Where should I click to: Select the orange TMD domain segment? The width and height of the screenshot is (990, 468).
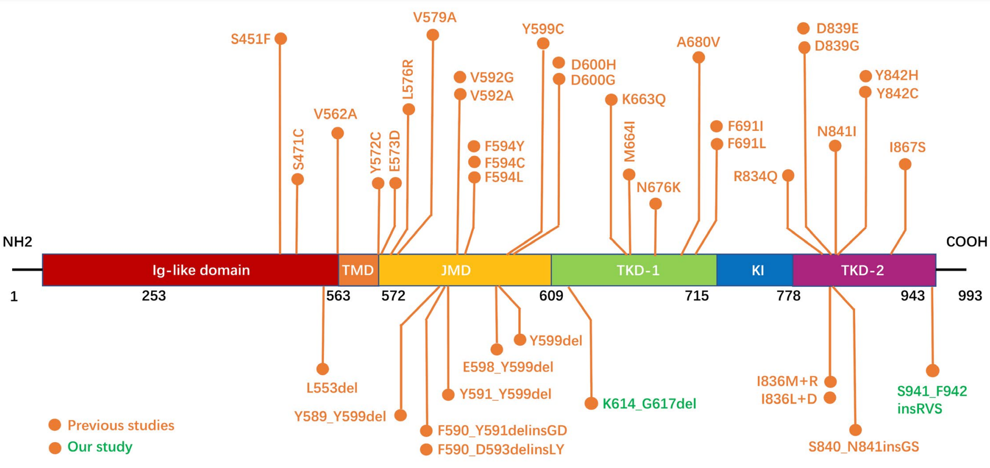pyautogui.click(x=358, y=270)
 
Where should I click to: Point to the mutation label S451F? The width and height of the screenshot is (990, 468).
pyautogui.click(x=250, y=39)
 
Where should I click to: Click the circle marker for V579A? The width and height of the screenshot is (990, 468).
pyautogui.click(x=432, y=35)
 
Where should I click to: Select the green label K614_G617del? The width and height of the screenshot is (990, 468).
pyautogui.click(x=649, y=404)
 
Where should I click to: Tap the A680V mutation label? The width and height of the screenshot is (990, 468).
pyautogui.click(x=698, y=42)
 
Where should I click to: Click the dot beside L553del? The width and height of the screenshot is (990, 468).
pyautogui.click(x=323, y=369)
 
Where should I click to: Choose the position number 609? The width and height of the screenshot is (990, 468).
pyautogui.click(x=551, y=296)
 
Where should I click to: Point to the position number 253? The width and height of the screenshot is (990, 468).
pyautogui.click(x=154, y=296)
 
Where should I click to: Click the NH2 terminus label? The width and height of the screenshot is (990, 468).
pyautogui.click(x=17, y=242)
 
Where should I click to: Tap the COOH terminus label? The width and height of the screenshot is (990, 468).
pyautogui.click(x=966, y=242)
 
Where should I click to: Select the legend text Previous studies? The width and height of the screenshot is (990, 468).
pyautogui.click(x=121, y=425)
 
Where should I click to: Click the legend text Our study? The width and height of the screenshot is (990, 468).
pyautogui.click(x=100, y=447)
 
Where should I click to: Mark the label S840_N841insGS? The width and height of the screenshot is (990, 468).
pyautogui.click(x=864, y=447)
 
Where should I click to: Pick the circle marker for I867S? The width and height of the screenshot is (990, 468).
pyautogui.click(x=905, y=164)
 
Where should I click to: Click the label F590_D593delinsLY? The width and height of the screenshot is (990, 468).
pyautogui.click(x=500, y=450)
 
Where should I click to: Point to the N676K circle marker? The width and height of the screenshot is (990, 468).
pyautogui.click(x=655, y=204)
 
